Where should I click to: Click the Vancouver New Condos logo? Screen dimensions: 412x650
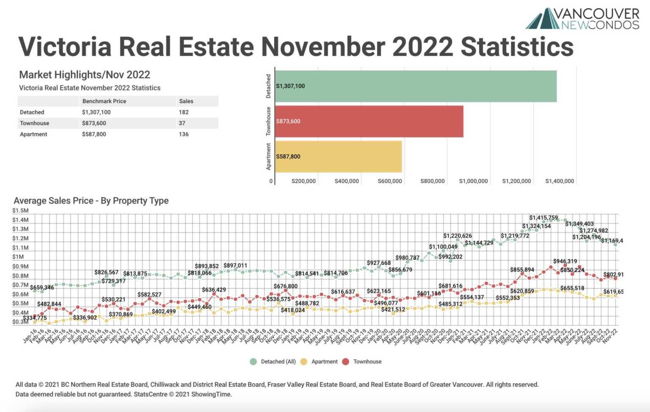(583, 19)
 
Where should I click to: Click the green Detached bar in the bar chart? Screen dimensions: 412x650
(416, 86)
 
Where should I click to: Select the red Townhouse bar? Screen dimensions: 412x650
(369, 121)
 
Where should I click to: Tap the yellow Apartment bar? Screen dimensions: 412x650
(338, 157)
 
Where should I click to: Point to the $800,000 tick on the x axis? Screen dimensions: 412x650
(432, 181)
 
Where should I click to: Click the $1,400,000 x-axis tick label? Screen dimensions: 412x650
(559, 181)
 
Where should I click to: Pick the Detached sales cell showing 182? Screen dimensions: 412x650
(184, 112)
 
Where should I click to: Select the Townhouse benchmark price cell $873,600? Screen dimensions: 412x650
(94, 123)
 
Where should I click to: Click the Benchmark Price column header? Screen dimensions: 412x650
(104, 101)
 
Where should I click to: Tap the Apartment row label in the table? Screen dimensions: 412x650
(33, 134)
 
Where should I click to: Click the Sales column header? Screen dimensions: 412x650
(186, 101)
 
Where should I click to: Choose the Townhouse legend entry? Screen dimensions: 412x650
(367, 362)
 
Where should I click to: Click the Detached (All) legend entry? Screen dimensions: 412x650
(278, 362)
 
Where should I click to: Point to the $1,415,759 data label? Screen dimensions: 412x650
(543, 218)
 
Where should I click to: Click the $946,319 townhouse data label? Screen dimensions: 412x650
(565, 261)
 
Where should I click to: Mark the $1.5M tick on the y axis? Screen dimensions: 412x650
(20, 211)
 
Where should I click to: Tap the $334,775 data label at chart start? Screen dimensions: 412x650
(35, 318)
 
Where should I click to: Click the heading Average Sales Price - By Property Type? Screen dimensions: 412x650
(91, 201)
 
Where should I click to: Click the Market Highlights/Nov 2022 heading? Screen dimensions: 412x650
(85, 75)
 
